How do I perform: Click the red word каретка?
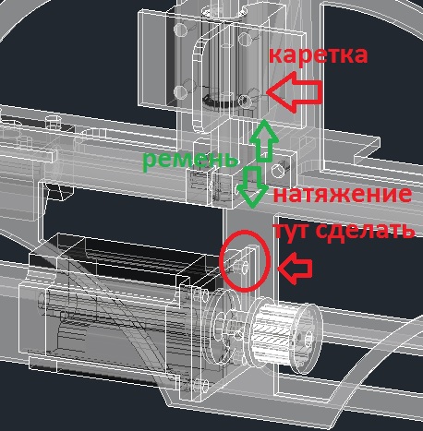pyautogui.click(x=318, y=54)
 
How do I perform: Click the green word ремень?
pyautogui.click(x=190, y=159)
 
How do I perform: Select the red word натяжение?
pyautogui.click(x=343, y=194)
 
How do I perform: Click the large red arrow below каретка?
pyautogui.click(x=295, y=91)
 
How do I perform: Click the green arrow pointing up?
pyautogui.click(x=263, y=140)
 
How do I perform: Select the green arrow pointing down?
pyautogui.click(x=252, y=186)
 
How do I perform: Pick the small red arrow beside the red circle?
pyautogui.click(x=295, y=268)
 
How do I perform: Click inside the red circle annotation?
pyautogui.click(x=245, y=260)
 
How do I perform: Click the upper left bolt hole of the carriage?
pyautogui.click(x=180, y=30)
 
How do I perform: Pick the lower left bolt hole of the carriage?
pyautogui.click(x=180, y=91)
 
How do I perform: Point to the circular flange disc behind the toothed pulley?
pyautogui.click(x=225, y=327)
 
